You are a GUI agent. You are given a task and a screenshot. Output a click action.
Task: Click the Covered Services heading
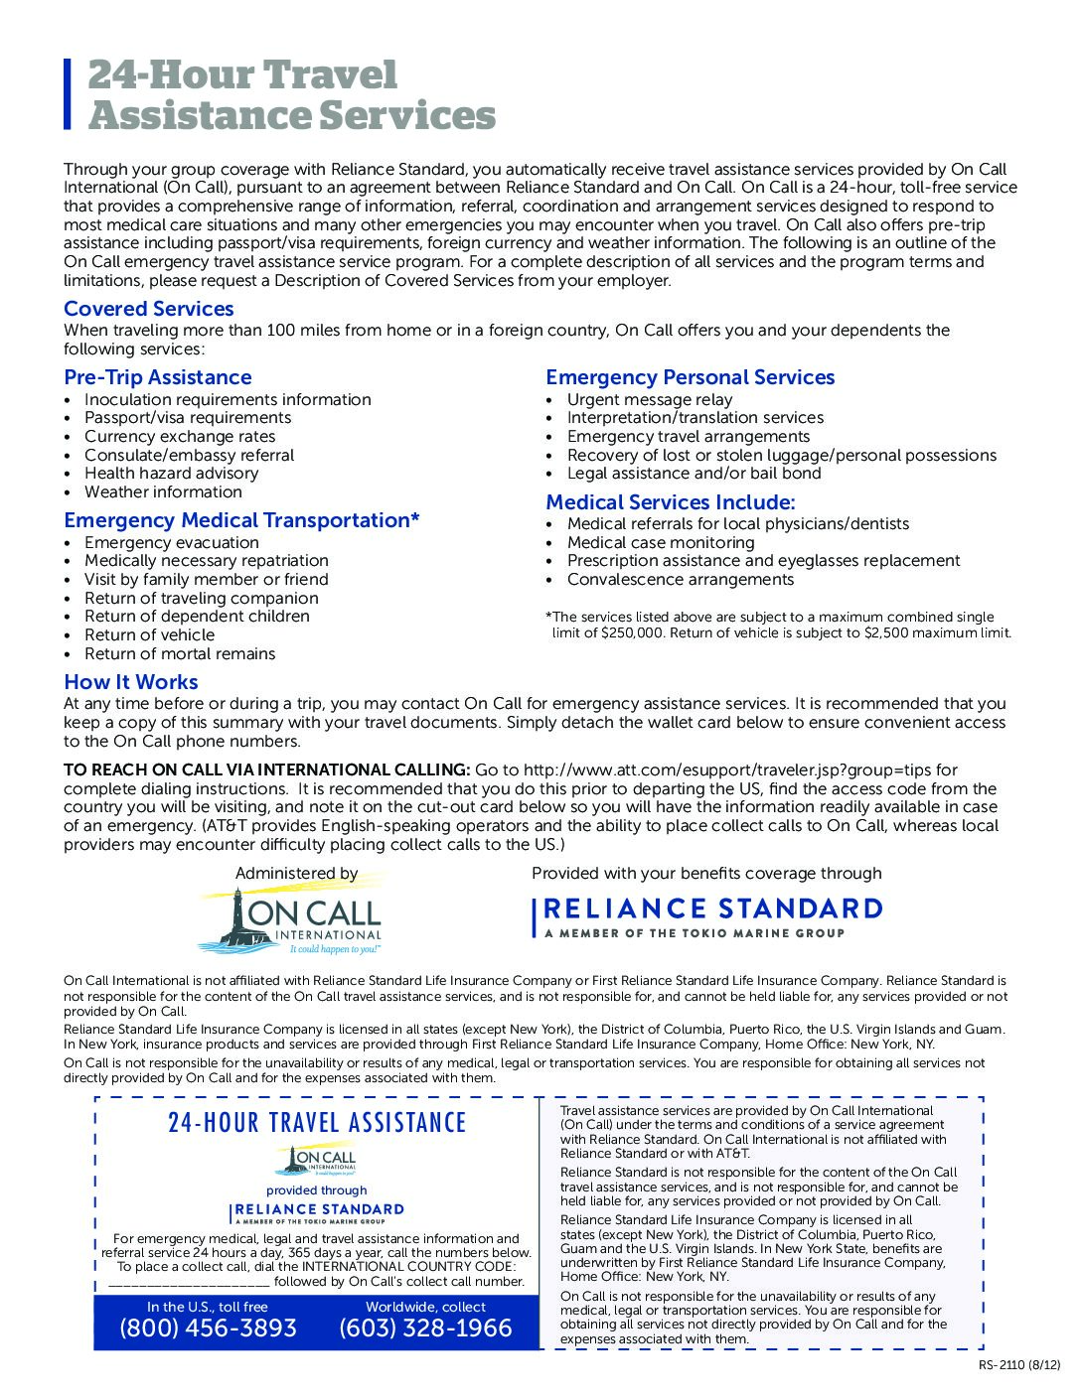pyautogui.click(x=149, y=309)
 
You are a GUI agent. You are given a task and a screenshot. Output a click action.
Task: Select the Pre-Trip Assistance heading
pyautogui.click(x=158, y=377)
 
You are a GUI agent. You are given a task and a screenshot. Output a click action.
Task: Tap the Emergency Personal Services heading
pyautogui.click(x=690, y=377)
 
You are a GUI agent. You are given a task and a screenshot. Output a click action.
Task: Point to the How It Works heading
pyautogui.click(x=131, y=682)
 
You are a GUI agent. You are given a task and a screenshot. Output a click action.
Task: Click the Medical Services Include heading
pyautogui.click(x=671, y=502)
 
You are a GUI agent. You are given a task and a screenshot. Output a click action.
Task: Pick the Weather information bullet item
pyautogui.click(x=163, y=492)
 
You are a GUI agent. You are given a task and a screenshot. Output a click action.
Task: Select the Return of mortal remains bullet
pyautogui.click(x=180, y=654)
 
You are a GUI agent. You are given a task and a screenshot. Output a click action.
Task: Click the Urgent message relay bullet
pyautogui.click(x=650, y=399)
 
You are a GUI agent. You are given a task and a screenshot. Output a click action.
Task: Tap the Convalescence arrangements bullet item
pyautogui.click(x=681, y=580)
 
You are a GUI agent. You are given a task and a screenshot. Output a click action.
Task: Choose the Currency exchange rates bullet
pyautogui.click(x=180, y=437)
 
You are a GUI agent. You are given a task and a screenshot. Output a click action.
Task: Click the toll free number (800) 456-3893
pyautogui.click(x=208, y=1328)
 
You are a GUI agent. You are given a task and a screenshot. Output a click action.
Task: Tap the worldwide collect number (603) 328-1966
pyautogui.click(x=425, y=1328)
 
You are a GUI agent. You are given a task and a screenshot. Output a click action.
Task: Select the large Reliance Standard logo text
pyautogui.click(x=712, y=909)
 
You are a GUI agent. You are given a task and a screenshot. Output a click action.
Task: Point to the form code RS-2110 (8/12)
pyautogui.click(x=1019, y=1364)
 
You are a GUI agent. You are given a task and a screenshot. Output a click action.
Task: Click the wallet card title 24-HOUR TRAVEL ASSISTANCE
pyautogui.click(x=317, y=1123)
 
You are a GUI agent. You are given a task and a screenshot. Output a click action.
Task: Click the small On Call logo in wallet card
pyautogui.click(x=317, y=1159)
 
